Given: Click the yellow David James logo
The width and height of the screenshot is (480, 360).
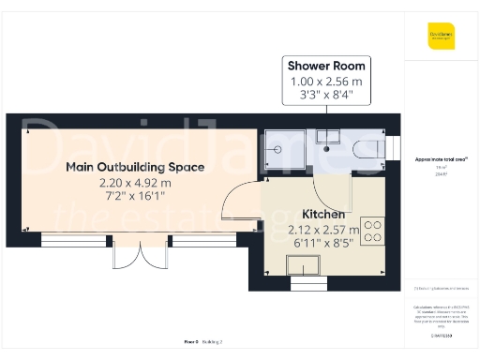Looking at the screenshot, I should tap(441, 37).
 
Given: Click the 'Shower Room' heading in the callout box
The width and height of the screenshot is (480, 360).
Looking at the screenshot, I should tap(326, 66).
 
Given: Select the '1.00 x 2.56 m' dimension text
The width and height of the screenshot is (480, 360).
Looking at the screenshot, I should tap(326, 82).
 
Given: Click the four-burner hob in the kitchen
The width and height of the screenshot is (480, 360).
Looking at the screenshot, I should tap(372, 229).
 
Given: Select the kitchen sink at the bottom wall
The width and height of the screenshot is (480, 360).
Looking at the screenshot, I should tap(305, 275).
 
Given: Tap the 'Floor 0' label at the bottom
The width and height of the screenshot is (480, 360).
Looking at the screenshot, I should tap(193, 344).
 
